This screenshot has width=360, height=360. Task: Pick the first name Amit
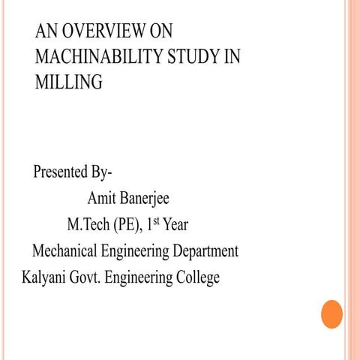(x=102, y=199)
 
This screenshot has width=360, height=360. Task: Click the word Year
(x=175, y=225)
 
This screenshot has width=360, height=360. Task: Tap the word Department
(x=202, y=251)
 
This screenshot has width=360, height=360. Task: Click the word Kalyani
(x=43, y=277)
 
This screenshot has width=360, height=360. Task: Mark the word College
(x=197, y=277)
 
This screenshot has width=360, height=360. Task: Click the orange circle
(x=331, y=313)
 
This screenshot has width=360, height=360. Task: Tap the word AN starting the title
(x=46, y=32)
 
